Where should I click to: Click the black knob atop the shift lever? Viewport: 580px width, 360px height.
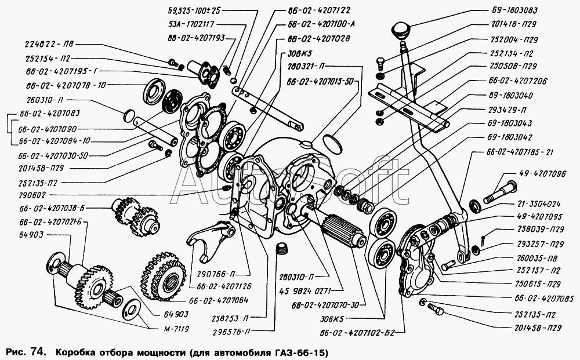[x=400, y=30]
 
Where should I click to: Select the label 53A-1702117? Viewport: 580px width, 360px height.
[x=192, y=24]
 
